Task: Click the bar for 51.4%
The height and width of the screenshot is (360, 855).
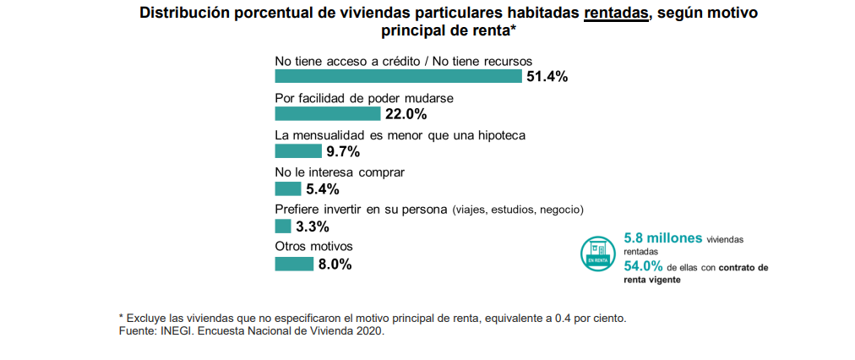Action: click(x=398, y=77)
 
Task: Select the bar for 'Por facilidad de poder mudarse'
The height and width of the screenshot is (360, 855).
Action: click(x=328, y=114)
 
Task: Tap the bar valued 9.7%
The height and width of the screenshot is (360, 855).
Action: click(x=299, y=152)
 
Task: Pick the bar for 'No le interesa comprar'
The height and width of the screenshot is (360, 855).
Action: click(x=288, y=189)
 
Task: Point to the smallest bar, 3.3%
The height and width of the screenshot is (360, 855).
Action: click(x=283, y=226)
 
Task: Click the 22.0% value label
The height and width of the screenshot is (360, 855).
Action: click(x=406, y=114)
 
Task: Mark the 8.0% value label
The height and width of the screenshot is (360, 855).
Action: click(x=335, y=264)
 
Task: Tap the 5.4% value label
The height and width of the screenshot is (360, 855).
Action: click(x=323, y=189)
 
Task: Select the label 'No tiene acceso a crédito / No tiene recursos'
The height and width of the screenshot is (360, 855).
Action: click(x=408, y=61)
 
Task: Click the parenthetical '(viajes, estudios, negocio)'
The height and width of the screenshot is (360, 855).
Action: click(x=518, y=210)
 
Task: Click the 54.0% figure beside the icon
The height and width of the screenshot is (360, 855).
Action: click(x=643, y=267)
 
